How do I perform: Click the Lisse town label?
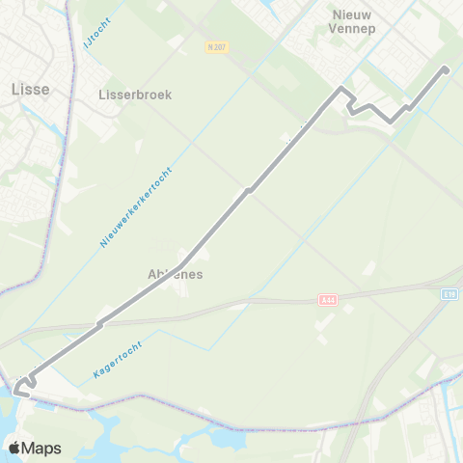tap(29, 89)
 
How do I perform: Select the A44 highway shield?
tap(329, 300)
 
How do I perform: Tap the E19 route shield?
tap(450, 294)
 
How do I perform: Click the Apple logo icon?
tap(14, 448)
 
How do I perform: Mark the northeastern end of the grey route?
tap(446, 68)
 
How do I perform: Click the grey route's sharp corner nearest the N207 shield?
tap(340, 90)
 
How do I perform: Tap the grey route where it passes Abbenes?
tap(182, 259)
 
